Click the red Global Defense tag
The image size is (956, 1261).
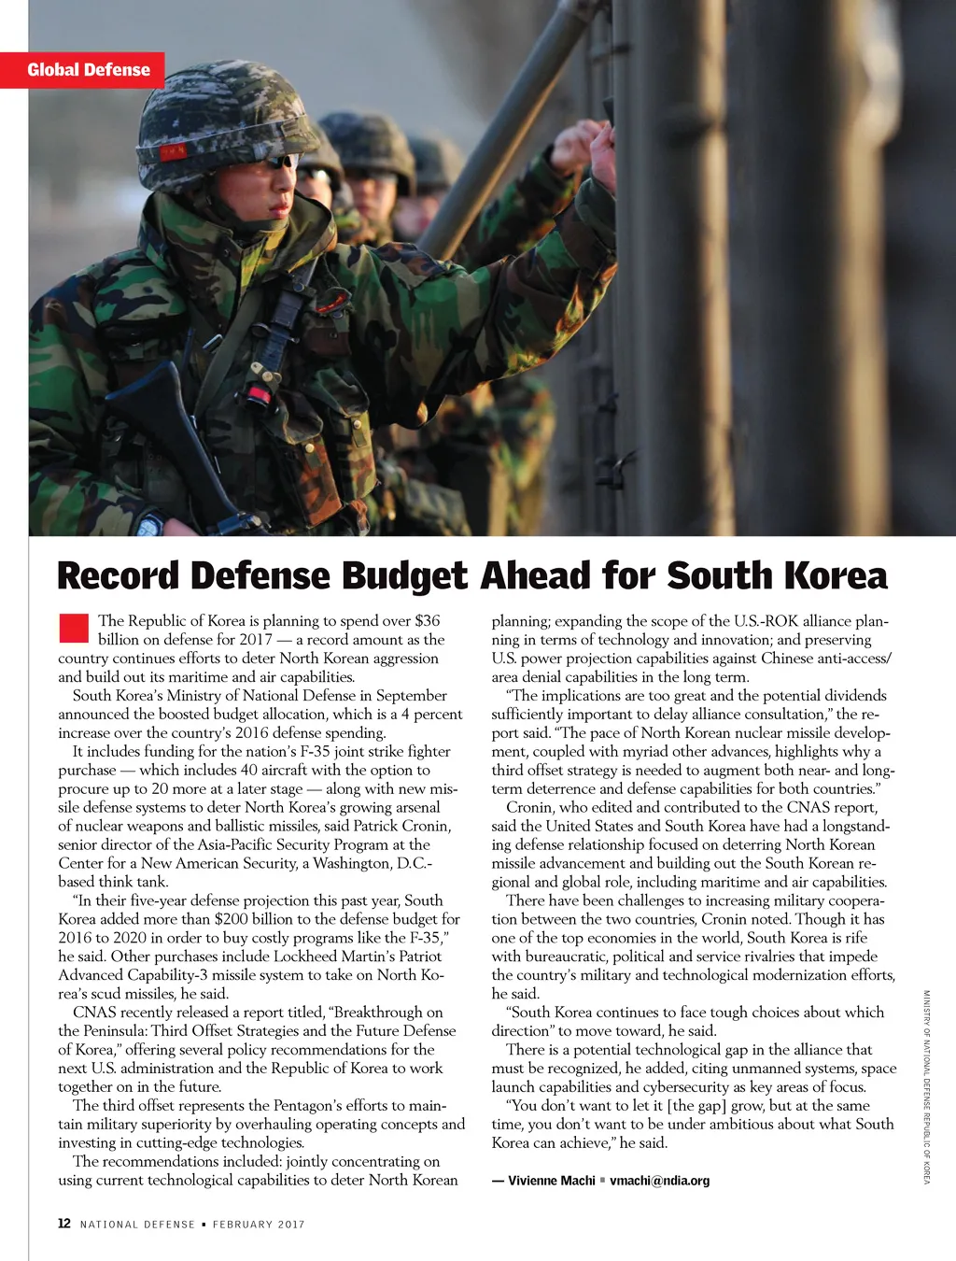pyautogui.click(x=88, y=70)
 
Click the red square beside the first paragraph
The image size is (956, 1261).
pyautogui.click(x=74, y=628)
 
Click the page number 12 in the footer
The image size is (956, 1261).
pyautogui.click(x=64, y=1224)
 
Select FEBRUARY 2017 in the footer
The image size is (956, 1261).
pyautogui.click(x=259, y=1225)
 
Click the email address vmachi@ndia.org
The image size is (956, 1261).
pyautogui.click(x=659, y=1181)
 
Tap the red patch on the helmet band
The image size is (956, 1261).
pyautogui.click(x=172, y=150)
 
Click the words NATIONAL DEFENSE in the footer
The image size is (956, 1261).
pyautogui.click(x=137, y=1225)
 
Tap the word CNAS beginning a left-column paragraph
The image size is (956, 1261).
pyautogui.click(x=93, y=1013)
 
